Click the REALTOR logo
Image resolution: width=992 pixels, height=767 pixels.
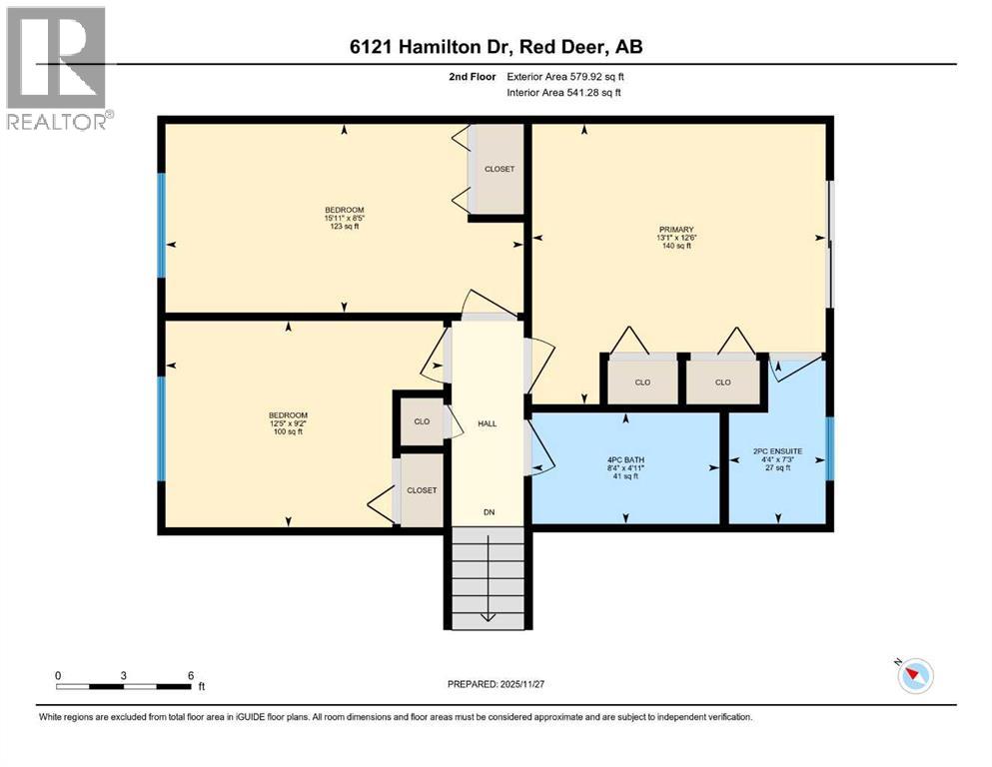coord(56,68)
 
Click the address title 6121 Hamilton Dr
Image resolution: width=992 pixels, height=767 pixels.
coord(496,48)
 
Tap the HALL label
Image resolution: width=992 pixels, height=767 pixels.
coord(488,423)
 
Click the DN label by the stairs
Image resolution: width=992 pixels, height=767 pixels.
coord(489,512)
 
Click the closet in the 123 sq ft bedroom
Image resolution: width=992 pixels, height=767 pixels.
coord(499,170)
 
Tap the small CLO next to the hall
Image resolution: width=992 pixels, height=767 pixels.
coord(422,421)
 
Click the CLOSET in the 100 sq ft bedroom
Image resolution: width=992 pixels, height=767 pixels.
coord(422,490)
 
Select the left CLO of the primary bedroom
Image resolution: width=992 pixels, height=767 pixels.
coord(642,383)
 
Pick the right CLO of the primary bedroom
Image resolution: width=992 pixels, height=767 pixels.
coord(723,383)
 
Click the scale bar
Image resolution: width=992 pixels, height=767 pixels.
coord(124,686)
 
